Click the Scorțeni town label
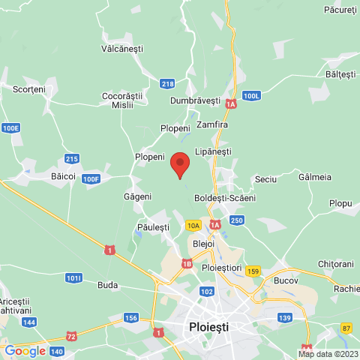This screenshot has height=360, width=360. pyautogui.click(x=29, y=88)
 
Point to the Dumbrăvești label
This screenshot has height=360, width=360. pyautogui.click(x=195, y=100)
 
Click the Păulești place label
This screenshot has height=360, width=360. pyautogui.click(x=154, y=226)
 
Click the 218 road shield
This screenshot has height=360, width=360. pyautogui.click(x=167, y=83)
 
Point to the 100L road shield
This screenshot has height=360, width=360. pyautogui.click(x=251, y=96)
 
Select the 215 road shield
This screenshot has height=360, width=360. pyautogui.click(x=72, y=158)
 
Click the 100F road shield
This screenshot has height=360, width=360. pyautogui.click(x=91, y=178)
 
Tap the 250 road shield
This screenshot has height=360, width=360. pyautogui.click(x=237, y=220)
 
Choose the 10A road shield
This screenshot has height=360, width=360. pyautogui.click(x=193, y=225)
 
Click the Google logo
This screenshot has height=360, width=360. pyautogui.click(x=25, y=350)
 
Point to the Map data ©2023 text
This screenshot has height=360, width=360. pyautogui.click(x=328, y=354)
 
